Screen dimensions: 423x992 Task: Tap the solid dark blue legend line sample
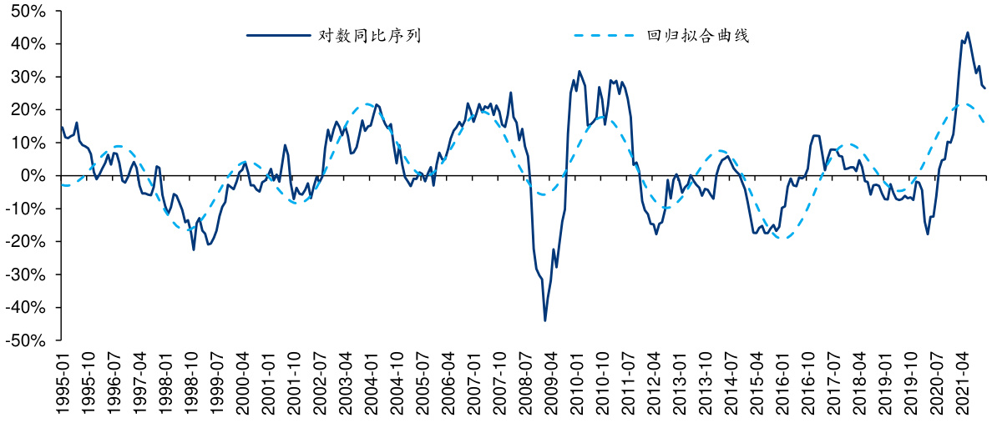click(278, 36)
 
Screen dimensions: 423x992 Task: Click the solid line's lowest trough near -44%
click(545, 320)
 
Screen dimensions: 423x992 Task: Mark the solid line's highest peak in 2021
click(967, 33)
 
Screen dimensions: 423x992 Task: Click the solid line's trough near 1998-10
click(194, 249)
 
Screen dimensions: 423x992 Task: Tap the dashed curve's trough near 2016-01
click(783, 238)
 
